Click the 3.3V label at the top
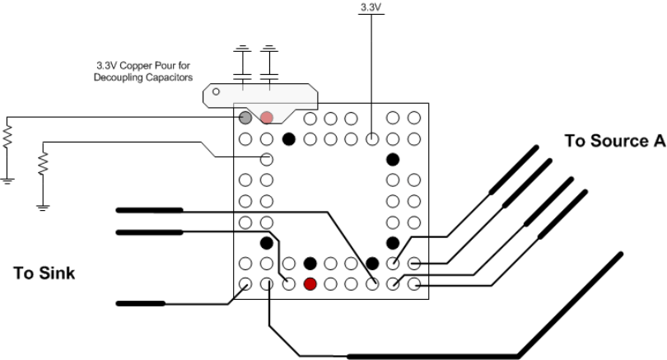pyautogui.click(x=371, y=7)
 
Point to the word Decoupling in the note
pyautogui.click(x=116, y=79)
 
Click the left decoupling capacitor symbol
pyautogui.click(x=242, y=63)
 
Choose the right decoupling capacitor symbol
pyautogui.click(x=268, y=63)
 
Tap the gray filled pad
pyautogui.click(x=245, y=119)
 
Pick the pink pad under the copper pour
pyautogui.click(x=267, y=119)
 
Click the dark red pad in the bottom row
pyautogui.click(x=310, y=284)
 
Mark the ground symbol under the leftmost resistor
pyautogui.click(x=7, y=179)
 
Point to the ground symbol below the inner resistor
pyautogui.click(x=44, y=206)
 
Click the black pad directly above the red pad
pyautogui.click(x=310, y=264)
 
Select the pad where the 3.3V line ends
pyautogui.click(x=371, y=138)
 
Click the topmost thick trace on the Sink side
pyautogui.click(x=149, y=210)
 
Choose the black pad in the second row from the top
pyautogui.click(x=288, y=138)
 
